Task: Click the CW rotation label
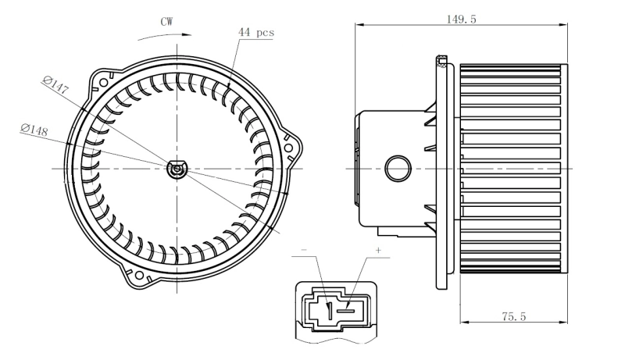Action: point(166,22)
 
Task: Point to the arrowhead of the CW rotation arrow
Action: point(188,34)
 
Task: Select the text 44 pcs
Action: point(255,33)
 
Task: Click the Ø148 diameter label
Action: point(34,130)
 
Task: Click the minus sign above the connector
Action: point(304,252)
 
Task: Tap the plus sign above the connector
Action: point(378,251)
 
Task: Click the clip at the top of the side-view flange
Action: point(443,60)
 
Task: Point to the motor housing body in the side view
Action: point(391,141)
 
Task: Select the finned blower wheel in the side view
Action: point(512,168)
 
